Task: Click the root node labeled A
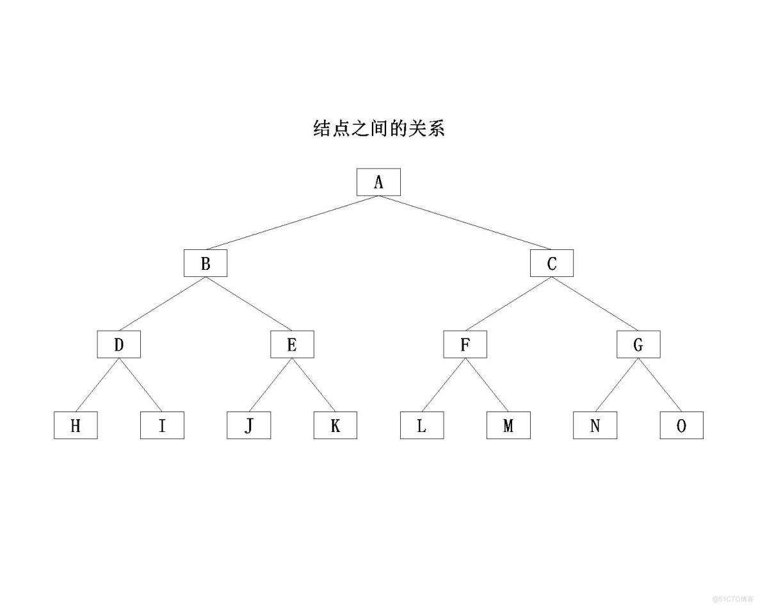click(378, 182)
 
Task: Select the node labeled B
click(206, 263)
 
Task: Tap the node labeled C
click(552, 263)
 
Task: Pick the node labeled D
click(119, 345)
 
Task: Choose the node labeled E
click(292, 345)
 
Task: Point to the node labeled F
click(465, 345)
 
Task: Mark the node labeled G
click(638, 345)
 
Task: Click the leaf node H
click(76, 426)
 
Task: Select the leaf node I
click(162, 426)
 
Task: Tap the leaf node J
click(248, 426)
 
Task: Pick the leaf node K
click(335, 426)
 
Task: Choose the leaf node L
click(422, 426)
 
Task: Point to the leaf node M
click(508, 426)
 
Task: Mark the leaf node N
click(595, 426)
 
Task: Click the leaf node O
click(681, 426)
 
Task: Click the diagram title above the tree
click(378, 128)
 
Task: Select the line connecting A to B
click(292, 222)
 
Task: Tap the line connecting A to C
click(465, 222)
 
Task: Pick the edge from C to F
click(508, 304)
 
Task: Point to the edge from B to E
click(249, 304)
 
